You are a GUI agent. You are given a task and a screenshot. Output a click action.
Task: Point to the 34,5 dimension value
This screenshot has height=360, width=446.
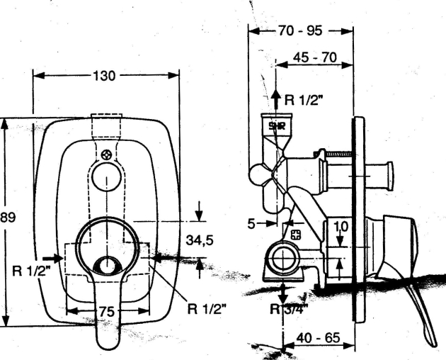tap(200, 240)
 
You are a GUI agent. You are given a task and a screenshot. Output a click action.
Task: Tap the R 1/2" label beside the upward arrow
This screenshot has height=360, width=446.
tap(304, 100)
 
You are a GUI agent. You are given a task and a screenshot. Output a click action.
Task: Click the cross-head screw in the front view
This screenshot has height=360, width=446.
tap(106, 154)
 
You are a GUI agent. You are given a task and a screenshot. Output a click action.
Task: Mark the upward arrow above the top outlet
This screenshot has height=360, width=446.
tap(275, 98)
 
